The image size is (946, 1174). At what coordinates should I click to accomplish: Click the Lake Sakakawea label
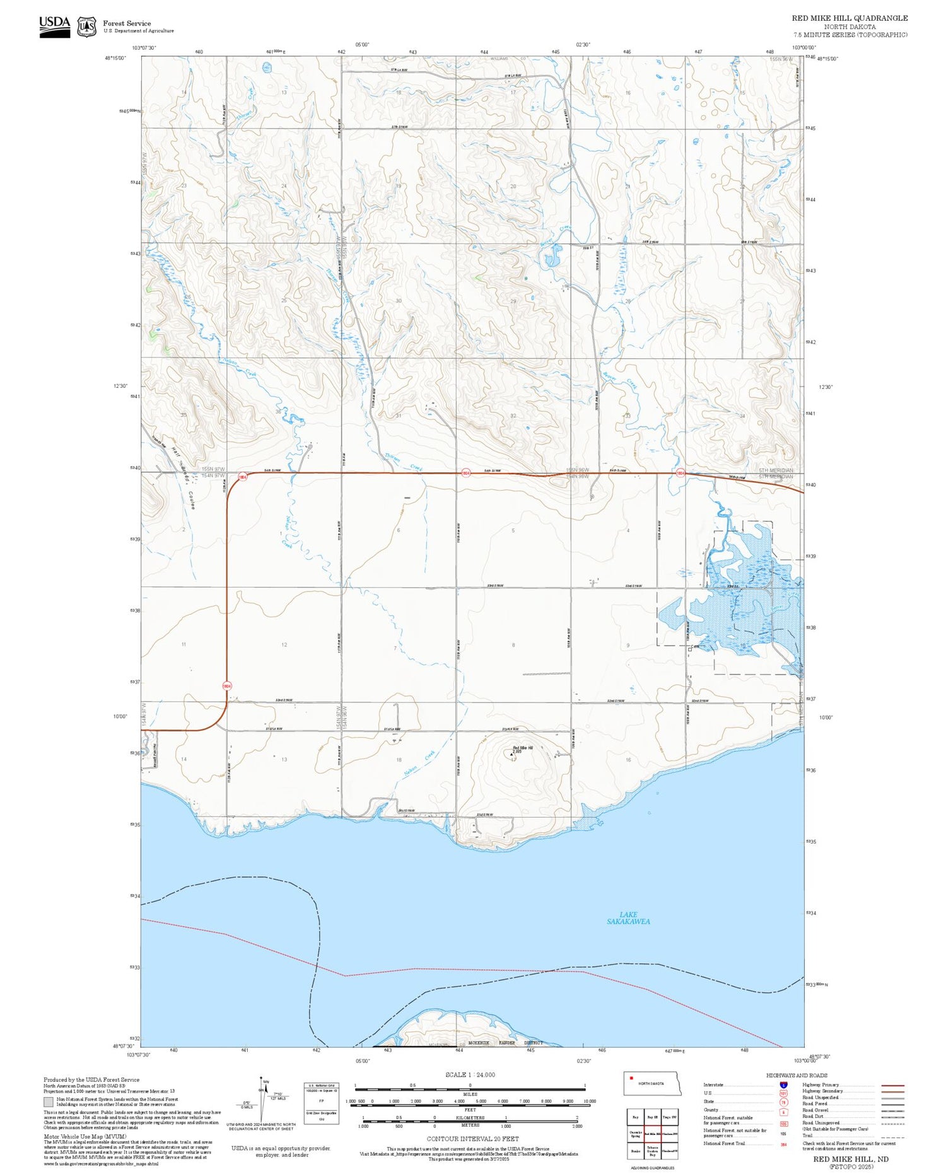click(628, 918)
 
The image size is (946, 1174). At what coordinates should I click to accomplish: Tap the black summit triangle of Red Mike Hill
click(511, 753)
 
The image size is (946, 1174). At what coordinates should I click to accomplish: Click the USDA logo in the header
click(55, 26)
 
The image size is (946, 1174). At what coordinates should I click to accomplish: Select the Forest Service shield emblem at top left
click(86, 26)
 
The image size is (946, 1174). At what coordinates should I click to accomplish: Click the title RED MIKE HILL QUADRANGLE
click(850, 18)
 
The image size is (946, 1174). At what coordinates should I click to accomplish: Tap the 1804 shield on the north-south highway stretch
click(226, 685)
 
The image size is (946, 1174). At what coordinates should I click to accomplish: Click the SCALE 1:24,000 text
click(470, 1075)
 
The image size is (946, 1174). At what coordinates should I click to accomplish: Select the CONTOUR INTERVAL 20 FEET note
click(472, 1139)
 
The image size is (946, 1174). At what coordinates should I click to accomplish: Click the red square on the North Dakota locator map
click(631, 1078)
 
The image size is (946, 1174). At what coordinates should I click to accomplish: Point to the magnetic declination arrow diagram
click(261, 1098)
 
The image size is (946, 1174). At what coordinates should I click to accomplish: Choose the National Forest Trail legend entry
click(724, 1143)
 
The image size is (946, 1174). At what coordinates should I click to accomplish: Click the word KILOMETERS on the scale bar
click(470, 1117)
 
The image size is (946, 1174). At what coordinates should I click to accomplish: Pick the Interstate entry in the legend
click(713, 1084)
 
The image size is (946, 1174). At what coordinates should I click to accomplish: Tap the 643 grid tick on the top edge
click(413, 52)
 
